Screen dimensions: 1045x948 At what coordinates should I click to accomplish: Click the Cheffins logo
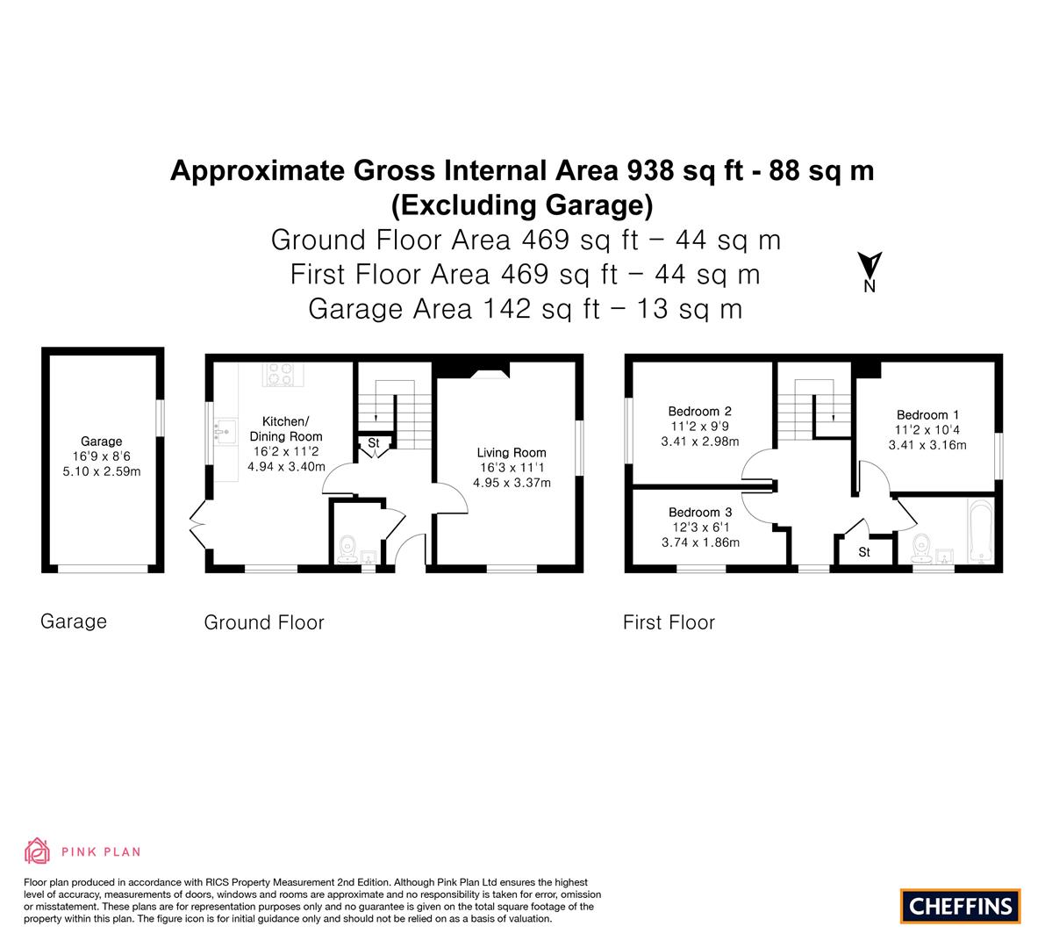(x=960, y=906)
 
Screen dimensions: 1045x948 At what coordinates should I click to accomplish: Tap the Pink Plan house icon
(x=38, y=851)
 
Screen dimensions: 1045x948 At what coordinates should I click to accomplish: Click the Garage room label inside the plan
(x=101, y=442)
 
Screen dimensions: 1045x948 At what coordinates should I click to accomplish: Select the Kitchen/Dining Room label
(x=286, y=428)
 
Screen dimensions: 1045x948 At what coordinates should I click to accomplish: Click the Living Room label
(x=512, y=453)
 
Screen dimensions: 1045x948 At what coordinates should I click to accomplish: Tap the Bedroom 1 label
(x=927, y=414)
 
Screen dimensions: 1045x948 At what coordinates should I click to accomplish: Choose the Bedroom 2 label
(x=700, y=412)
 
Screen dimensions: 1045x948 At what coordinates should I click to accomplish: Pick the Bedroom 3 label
(x=700, y=512)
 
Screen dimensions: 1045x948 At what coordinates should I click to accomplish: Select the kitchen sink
(x=225, y=431)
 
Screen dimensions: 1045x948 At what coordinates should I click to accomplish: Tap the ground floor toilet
(x=347, y=549)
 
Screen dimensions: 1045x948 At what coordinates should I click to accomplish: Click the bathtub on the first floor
(x=980, y=531)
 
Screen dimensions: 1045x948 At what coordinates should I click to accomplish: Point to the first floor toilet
(x=921, y=548)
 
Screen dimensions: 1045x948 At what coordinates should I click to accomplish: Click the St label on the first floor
(x=863, y=552)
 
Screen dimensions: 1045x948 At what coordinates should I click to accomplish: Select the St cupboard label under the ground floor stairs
(x=373, y=442)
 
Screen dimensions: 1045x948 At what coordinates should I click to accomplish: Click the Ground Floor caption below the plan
(x=264, y=622)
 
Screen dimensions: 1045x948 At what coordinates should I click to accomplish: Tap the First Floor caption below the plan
(x=669, y=622)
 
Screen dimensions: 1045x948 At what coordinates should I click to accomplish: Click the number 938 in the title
(x=650, y=170)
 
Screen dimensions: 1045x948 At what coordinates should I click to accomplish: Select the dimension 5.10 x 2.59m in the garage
(x=101, y=471)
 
